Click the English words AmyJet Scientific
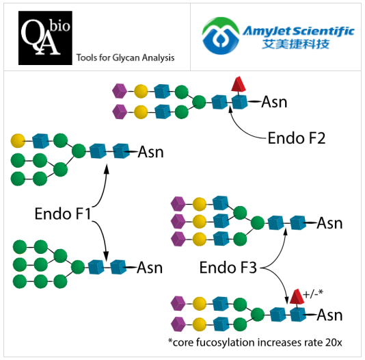tap(299, 31)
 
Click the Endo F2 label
tap(295, 138)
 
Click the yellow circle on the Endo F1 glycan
tap(18, 141)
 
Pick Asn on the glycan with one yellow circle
tap(150, 151)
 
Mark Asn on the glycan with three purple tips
tap(329, 223)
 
